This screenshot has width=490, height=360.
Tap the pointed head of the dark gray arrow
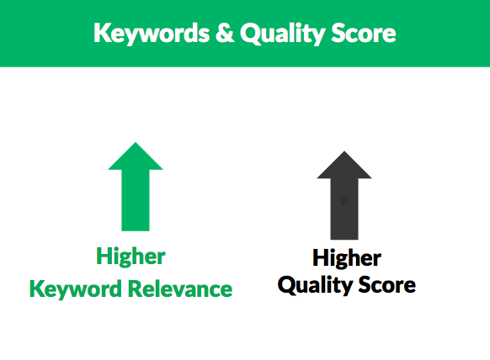[344, 166]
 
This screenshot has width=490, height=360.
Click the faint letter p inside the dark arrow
[344, 201]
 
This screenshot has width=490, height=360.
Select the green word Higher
[130, 256]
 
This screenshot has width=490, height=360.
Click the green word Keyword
[77, 289]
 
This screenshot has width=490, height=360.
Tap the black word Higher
[347, 257]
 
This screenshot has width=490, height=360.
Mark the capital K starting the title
[101, 33]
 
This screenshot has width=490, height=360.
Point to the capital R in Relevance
[135, 289]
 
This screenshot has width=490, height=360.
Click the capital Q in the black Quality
[286, 285]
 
